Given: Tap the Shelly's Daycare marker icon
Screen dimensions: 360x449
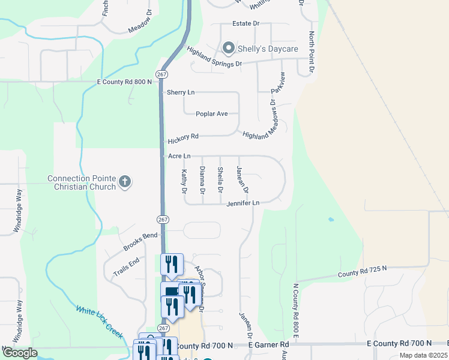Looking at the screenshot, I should point(228,47).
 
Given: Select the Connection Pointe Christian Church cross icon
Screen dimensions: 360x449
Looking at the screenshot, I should point(125,182).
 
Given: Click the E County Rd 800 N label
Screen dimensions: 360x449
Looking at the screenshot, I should point(124,82).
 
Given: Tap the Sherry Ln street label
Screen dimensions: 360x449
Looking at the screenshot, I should point(181,92).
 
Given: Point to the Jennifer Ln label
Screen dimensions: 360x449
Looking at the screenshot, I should point(243,203).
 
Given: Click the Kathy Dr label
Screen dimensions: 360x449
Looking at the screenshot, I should point(184,181).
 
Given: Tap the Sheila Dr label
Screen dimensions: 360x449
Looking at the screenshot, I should point(220,180).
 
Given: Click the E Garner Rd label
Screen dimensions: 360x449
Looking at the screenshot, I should point(270,345).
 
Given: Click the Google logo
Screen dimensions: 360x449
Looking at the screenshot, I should point(19,353).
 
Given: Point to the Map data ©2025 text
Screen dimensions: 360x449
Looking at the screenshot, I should point(423,355).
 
